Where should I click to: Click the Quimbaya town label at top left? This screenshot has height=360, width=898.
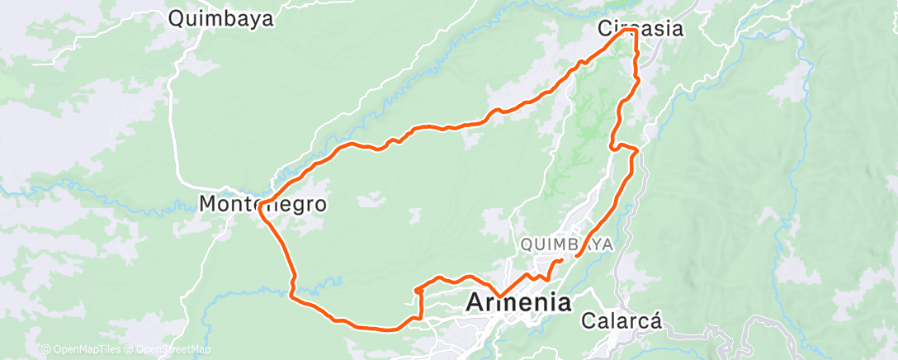[x=220, y=18]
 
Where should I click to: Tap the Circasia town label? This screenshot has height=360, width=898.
[x=640, y=29]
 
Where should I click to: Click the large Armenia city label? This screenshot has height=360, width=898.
[x=518, y=302]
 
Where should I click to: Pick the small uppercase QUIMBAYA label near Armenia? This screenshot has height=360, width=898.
[x=566, y=244]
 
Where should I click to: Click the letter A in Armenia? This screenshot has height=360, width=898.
[x=476, y=302]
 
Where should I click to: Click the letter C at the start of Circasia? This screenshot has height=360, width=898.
[x=604, y=29]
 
